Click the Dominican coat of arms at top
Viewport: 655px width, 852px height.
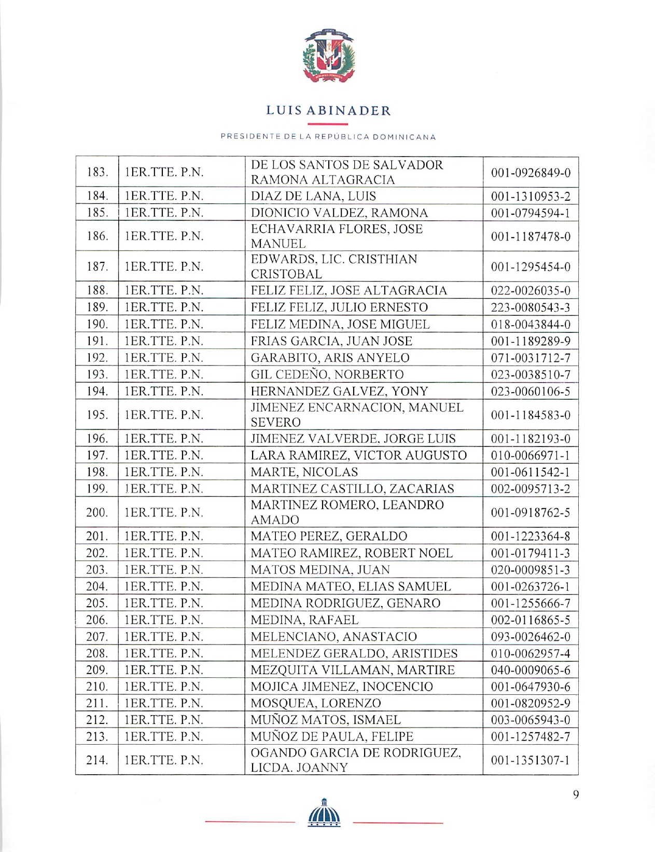click(x=328, y=56)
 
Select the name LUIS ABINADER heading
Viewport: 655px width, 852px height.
click(x=328, y=111)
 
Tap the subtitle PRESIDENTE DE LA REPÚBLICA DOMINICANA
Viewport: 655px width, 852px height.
click(x=328, y=137)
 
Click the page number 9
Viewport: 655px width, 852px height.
click(x=576, y=795)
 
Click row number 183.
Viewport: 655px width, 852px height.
click(x=97, y=172)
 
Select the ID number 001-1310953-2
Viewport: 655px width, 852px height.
click(x=531, y=197)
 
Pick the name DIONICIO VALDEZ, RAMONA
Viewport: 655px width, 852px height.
click(x=339, y=213)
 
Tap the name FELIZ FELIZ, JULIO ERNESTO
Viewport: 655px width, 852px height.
click(x=339, y=308)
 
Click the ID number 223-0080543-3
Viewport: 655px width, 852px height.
click(x=531, y=308)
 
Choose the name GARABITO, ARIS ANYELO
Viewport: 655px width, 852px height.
click(x=330, y=358)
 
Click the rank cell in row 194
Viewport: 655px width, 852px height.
click(x=163, y=392)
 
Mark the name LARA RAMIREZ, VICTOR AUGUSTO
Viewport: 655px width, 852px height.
click(x=358, y=455)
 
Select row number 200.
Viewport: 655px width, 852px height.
click(x=97, y=512)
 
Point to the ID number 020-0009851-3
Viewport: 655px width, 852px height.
click(x=531, y=570)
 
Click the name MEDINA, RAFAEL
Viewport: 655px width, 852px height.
click(x=304, y=620)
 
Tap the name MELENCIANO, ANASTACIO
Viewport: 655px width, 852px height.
click(x=333, y=637)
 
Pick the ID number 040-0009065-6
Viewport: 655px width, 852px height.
click(x=531, y=671)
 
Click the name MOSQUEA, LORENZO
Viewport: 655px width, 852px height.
click(x=316, y=704)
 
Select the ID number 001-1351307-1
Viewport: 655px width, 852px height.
click(x=531, y=761)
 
